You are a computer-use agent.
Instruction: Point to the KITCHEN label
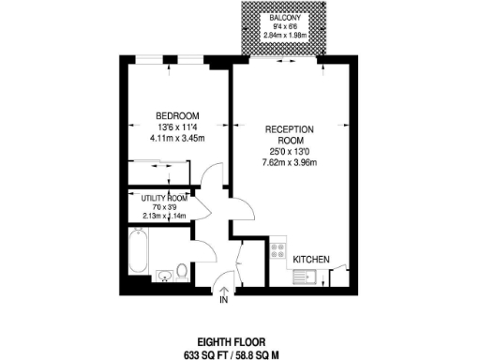point(309,258)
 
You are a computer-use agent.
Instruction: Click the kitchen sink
point(306,276)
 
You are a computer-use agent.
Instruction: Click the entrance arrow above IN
point(223,291)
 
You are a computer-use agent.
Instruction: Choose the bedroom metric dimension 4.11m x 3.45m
point(176,139)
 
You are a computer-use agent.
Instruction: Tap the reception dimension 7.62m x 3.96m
point(289,162)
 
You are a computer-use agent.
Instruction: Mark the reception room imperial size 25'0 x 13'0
point(289,151)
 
